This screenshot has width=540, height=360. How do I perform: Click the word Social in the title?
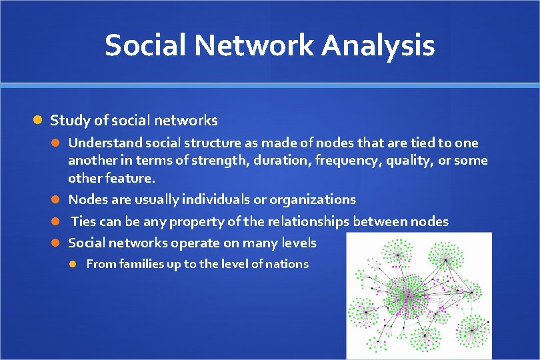tap(141, 46)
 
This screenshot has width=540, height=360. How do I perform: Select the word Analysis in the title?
tap(378, 46)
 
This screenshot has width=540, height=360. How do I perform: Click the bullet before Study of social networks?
tap(38, 121)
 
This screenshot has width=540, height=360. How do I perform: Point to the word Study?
tap(67, 121)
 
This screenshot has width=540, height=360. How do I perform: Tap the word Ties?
tap(84, 221)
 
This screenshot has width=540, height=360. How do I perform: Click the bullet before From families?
tap(75, 264)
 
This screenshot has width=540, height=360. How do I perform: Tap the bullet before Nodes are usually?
tap(57, 199)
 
